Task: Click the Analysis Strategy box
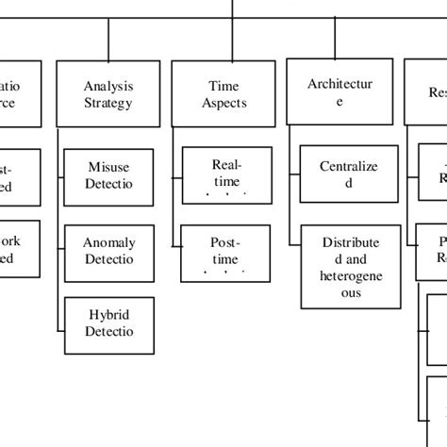[x=108, y=94]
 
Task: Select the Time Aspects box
[x=223, y=94]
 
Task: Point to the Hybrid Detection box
[x=108, y=323]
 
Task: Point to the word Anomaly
[x=109, y=241]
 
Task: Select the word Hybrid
[x=109, y=314]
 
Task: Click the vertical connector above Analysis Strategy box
[x=109, y=40]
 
